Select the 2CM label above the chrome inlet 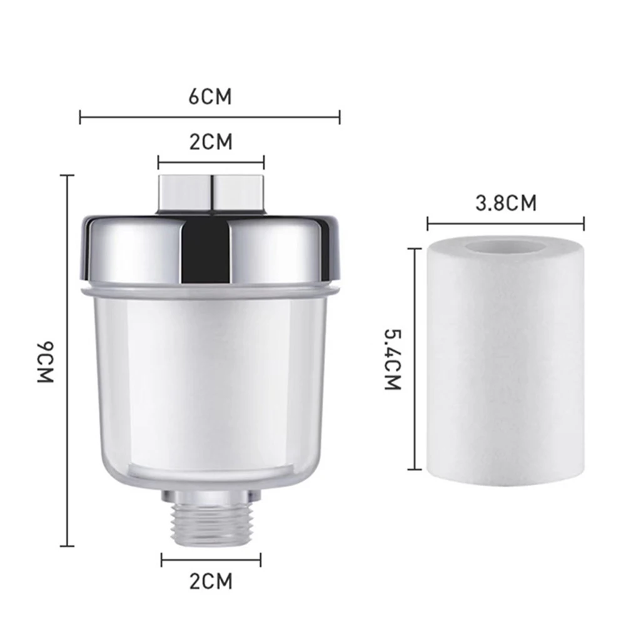pyautogui.click(x=210, y=142)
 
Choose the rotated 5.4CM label pyautogui.click(x=392, y=360)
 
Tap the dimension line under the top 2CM pyautogui.click(x=211, y=163)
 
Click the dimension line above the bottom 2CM pyautogui.click(x=211, y=560)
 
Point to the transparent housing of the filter pyautogui.click(x=210, y=388)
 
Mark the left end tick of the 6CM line pyautogui.click(x=80, y=117)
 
